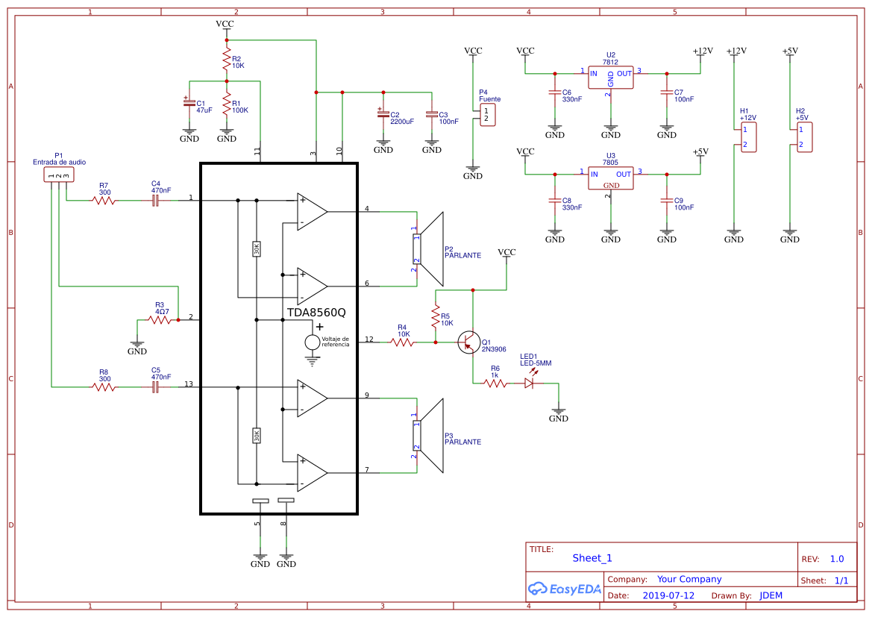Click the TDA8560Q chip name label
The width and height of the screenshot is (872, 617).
[x=316, y=313]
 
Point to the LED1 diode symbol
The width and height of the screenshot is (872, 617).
[x=530, y=383]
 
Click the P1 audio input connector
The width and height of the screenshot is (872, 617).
[x=58, y=175]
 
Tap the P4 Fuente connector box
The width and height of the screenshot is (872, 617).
[x=487, y=116]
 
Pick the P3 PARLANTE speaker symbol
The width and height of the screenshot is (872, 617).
[x=428, y=436]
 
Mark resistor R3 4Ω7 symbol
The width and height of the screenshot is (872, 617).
[x=159, y=319]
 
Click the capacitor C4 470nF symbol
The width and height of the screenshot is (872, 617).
[x=156, y=200]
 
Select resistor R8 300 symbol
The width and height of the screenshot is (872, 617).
[x=104, y=386]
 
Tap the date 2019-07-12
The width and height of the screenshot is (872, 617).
[x=668, y=595]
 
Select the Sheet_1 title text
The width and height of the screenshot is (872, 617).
[x=592, y=558]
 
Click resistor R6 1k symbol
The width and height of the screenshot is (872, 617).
[x=495, y=383]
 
